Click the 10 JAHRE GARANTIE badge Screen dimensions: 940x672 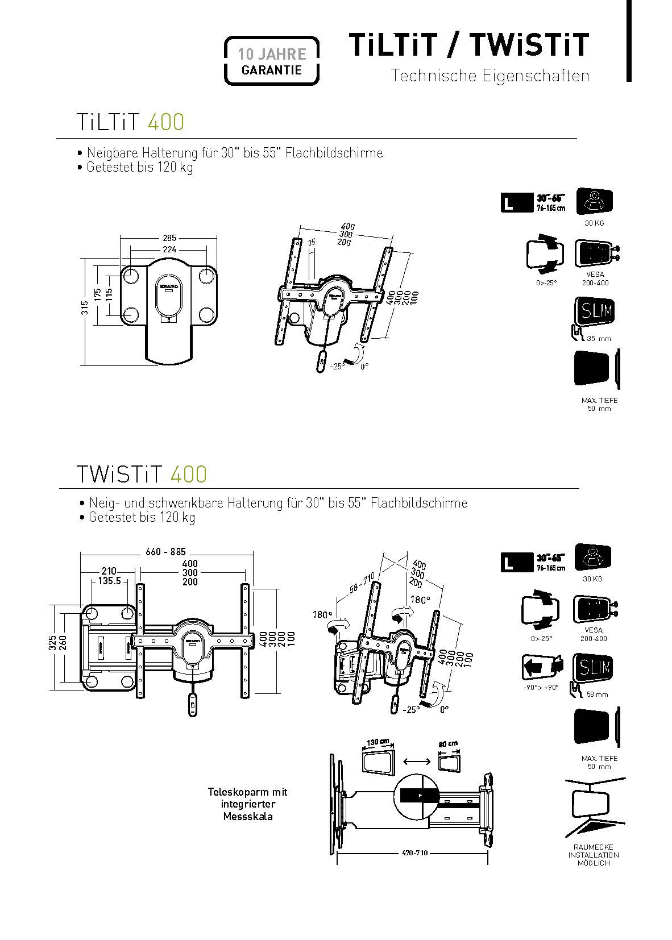pos(271,61)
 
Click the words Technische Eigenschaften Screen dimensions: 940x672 pos(490,76)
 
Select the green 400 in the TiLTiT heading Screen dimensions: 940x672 pos(165,122)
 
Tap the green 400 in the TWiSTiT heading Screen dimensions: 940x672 pos(188,474)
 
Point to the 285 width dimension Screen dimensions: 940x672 pos(169,238)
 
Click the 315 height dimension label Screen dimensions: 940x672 pos(85,308)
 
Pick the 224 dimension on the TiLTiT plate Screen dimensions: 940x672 pos(169,249)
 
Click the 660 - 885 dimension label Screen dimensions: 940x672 pos(165,552)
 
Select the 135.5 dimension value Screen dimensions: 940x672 pos(109,581)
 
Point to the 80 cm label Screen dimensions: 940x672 pos(448,744)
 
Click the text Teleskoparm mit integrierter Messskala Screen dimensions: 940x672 pos(248,804)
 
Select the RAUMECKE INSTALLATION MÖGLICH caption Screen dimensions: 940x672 pos(594,855)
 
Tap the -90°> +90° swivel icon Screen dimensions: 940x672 pos(541,668)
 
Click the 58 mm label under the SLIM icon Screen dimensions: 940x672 pos(597,694)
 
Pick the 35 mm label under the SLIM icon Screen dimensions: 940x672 pos(599,339)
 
